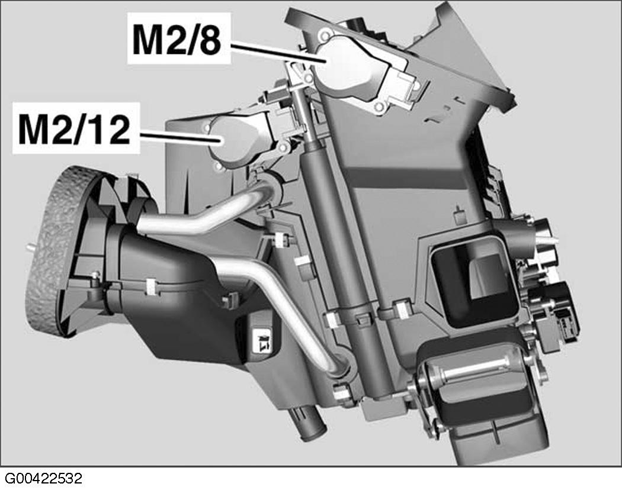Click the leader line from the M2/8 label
[278, 53]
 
